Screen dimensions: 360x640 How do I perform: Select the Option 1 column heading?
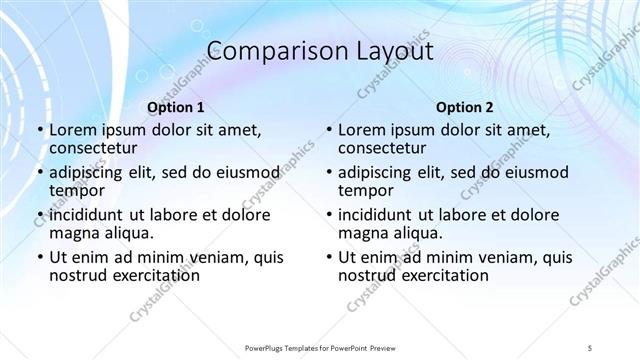point(176,107)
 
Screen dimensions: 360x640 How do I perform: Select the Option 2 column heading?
point(465,107)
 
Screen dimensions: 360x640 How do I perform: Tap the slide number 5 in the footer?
point(591,347)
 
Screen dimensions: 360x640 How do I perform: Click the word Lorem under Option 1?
point(73,130)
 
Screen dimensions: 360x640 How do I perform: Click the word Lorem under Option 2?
point(362,130)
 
